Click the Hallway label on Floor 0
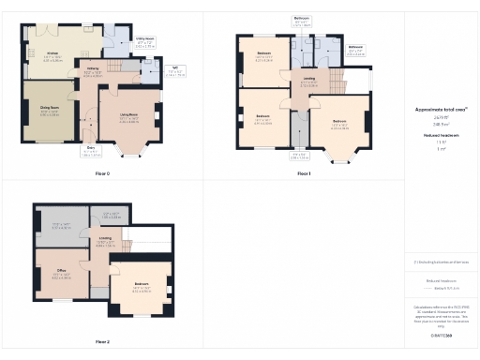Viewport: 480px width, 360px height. [94, 68]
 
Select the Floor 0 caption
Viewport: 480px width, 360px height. [102, 174]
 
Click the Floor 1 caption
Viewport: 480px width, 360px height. [303, 174]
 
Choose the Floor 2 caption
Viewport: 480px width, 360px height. [102, 341]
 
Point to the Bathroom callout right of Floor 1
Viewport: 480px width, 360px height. [355, 48]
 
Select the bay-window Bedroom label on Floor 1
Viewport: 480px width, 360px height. [338, 122]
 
